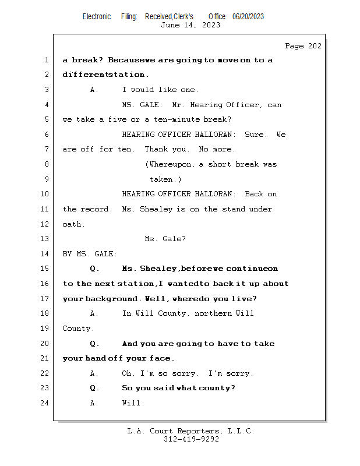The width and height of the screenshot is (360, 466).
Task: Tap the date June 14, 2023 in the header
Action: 190,25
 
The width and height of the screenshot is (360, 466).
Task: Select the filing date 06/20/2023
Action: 248,16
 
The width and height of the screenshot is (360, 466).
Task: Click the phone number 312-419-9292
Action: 191,439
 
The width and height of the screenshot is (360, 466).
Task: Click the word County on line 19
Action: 76,329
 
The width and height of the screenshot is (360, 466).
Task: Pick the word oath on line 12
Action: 72,224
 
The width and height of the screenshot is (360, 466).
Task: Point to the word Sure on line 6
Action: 255,135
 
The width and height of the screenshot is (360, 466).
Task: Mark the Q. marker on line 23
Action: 95,388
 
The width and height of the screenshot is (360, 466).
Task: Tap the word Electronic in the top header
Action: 97,16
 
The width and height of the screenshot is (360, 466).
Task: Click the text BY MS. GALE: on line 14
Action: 90,254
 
